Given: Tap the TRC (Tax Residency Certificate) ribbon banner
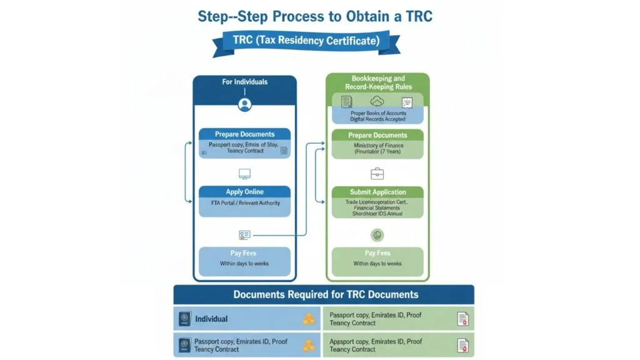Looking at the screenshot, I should [x=306, y=41].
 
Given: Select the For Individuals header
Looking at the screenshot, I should [x=244, y=82].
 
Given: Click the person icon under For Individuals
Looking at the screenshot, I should [x=244, y=104].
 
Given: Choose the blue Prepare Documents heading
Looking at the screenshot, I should [x=244, y=134].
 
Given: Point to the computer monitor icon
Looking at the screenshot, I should [x=244, y=174].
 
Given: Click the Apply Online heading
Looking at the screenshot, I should [x=244, y=192].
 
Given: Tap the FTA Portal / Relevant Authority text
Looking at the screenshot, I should [x=244, y=203].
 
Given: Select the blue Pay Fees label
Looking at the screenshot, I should [x=244, y=253].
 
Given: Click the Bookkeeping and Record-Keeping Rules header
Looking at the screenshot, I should [x=378, y=82].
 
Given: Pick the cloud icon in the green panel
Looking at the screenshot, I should [x=377, y=101].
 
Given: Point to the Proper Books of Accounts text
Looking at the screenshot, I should [x=377, y=113].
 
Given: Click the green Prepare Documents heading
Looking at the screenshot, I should [x=377, y=135].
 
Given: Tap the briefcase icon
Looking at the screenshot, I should [x=377, y=174].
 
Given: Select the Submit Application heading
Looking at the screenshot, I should [x=377, y=192].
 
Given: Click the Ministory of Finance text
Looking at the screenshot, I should [x=377, y=146].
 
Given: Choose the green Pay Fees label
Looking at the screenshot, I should [x=377, y=253].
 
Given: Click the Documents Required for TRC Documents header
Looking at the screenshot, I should [x=326, y=294].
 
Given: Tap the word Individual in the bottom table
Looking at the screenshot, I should [x=211, y=319].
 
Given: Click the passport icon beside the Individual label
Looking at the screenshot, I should [x=184, y=319].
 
